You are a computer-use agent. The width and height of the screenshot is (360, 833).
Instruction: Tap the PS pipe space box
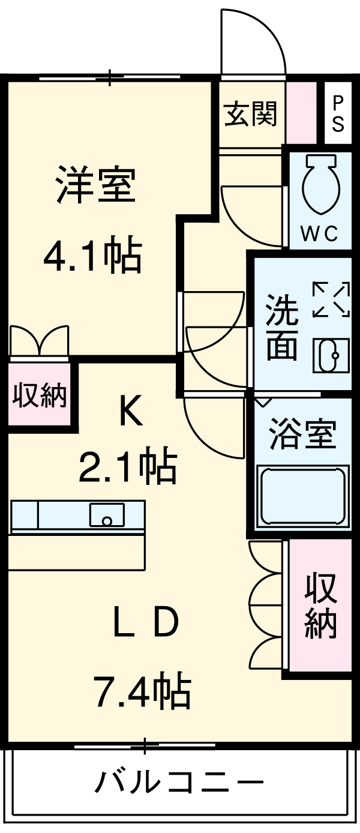tap(338, 113)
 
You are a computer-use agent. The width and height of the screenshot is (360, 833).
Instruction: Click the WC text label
tap(319, 233)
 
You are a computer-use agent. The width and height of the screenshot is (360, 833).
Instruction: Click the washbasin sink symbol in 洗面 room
tap(331, 355)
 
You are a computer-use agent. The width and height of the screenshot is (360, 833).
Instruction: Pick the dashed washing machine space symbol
tap(331, 299)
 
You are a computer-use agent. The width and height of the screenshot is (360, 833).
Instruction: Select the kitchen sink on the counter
tap(107, 515)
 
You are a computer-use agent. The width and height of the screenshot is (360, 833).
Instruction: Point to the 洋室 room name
tap(96, 184)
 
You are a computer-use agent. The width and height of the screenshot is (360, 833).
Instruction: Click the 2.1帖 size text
tap(128, 468)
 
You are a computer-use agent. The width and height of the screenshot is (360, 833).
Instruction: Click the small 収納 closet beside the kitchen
tap(40, 395)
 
